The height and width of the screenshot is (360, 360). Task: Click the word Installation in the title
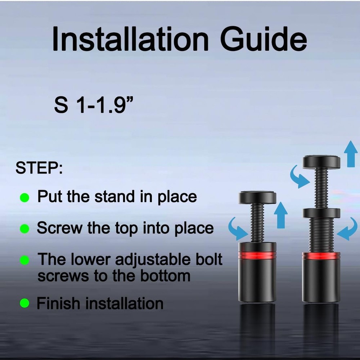click(130, 39)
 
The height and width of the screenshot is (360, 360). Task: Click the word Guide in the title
click(264, 39)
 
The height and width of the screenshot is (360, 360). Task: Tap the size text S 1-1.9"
click(94, 105)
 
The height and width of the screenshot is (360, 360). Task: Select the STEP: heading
click(39, 168)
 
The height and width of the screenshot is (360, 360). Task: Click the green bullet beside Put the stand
click(24, 197)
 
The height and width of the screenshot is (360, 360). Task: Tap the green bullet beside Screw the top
click(24, 229)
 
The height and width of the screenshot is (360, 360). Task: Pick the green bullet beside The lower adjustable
click(24, 260)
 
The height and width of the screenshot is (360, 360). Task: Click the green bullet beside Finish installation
click(24, 303)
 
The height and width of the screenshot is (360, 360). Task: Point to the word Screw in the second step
click(60, 228)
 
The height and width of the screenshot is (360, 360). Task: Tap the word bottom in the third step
click(165, 276)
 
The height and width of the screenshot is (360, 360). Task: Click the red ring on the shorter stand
click(257, 255)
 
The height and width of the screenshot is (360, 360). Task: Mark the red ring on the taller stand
click(321, 256)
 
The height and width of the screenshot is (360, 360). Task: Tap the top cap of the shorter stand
click(257, 197)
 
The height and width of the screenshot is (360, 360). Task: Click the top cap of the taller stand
click(321, 162)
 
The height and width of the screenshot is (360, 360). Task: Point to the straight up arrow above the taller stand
click(351, 154)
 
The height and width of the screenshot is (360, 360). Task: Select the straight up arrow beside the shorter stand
click(280, 215)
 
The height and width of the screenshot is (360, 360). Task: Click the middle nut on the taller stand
click(321, 213)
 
